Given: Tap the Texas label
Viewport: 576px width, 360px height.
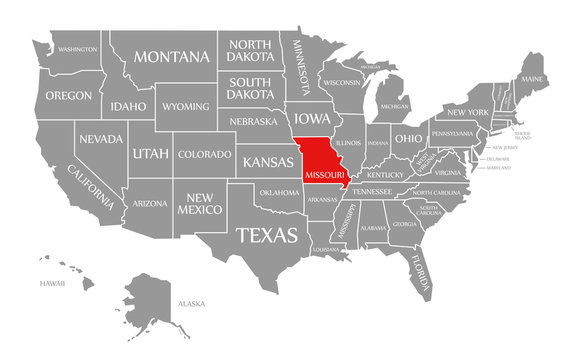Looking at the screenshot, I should click(x=266, y=236).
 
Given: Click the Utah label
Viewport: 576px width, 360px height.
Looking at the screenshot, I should click(x=143, y=153).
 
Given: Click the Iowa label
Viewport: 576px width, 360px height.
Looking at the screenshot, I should click(x=311, y=117).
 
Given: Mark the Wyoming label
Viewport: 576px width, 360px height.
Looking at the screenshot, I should click(x=187, y=106).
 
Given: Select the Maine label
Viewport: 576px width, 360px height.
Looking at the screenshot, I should click(x=533, y=78).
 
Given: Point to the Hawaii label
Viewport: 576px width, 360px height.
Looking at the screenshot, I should click(x=52, y=283).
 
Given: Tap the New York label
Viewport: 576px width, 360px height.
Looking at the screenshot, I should click(x=467, y=111).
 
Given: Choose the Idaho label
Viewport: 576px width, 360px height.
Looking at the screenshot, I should click(x=128, y=106).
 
